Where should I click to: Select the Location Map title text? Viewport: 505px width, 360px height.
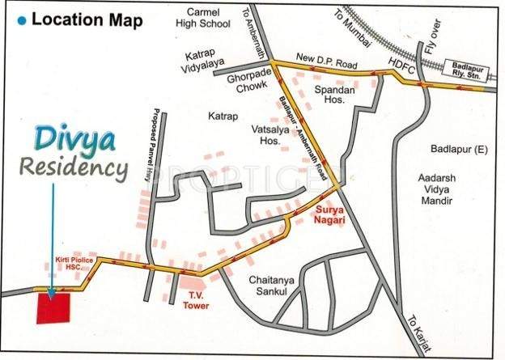86,19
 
